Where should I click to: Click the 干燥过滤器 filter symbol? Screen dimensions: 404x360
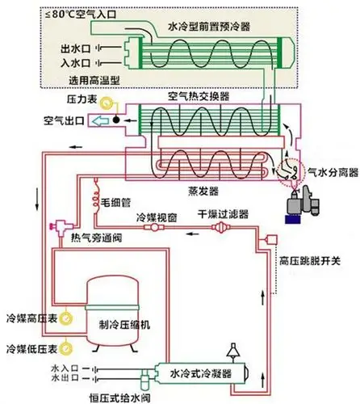(219, 231)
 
